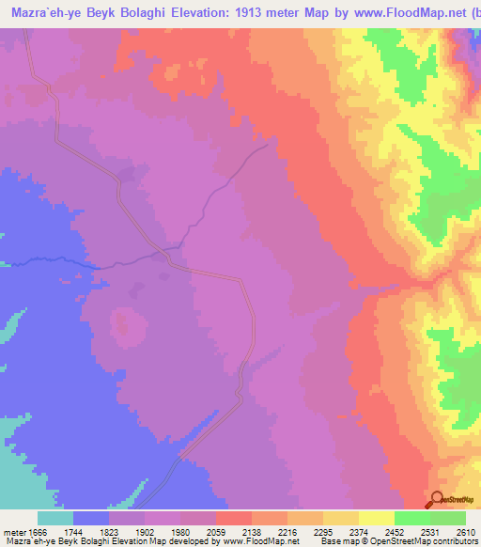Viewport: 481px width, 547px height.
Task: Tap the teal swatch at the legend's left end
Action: [x=54, y=518]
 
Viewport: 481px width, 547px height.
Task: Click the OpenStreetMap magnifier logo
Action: [x=437, y=498]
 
